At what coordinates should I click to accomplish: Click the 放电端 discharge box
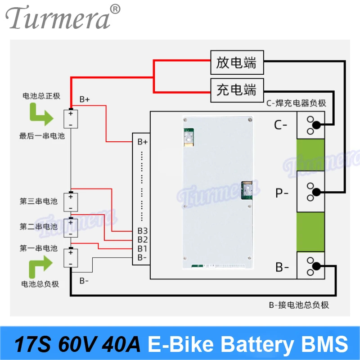[237, 62]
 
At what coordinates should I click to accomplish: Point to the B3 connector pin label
[143, 231]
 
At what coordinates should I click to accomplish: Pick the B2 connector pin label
[143, 239]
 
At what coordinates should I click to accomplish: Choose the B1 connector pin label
[143, 248]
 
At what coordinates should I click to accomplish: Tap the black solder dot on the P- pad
[317, 192]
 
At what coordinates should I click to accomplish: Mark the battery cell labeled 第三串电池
[71, 201]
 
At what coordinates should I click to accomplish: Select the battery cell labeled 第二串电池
[71, 227]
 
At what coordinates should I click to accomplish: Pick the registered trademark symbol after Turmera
[115, 9]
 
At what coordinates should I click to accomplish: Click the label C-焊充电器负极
[296, 103]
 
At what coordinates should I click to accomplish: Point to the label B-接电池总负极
[299, 305]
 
